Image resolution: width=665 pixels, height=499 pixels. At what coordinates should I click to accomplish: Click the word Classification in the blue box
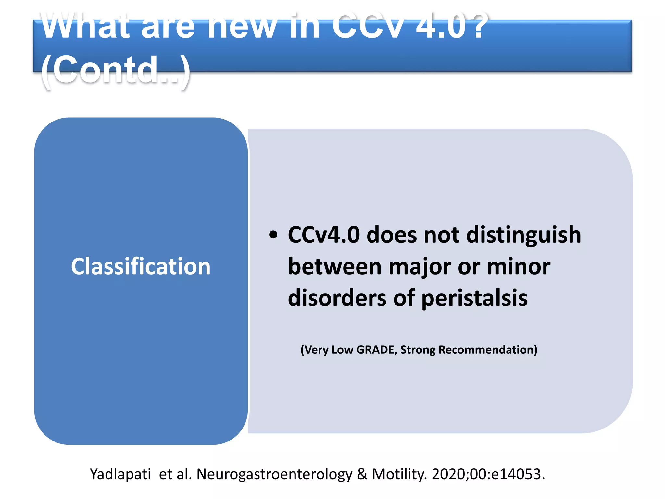point(141,266)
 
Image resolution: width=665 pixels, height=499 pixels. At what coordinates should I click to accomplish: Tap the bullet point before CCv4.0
point(273,235)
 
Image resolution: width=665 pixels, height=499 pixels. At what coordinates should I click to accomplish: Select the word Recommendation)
point(488,350)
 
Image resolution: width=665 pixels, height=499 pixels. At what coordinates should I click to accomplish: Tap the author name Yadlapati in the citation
point(120,474)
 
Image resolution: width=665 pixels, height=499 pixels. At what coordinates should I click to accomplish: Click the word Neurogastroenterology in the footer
point(274,474)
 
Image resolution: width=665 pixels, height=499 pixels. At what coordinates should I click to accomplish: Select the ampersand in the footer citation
point(362,474)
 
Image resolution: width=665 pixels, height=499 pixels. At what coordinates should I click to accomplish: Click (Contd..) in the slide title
point(116,69)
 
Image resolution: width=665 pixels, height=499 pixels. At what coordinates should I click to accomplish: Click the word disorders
point(337,298)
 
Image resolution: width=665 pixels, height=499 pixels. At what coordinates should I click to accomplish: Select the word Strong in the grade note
point(418,350)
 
